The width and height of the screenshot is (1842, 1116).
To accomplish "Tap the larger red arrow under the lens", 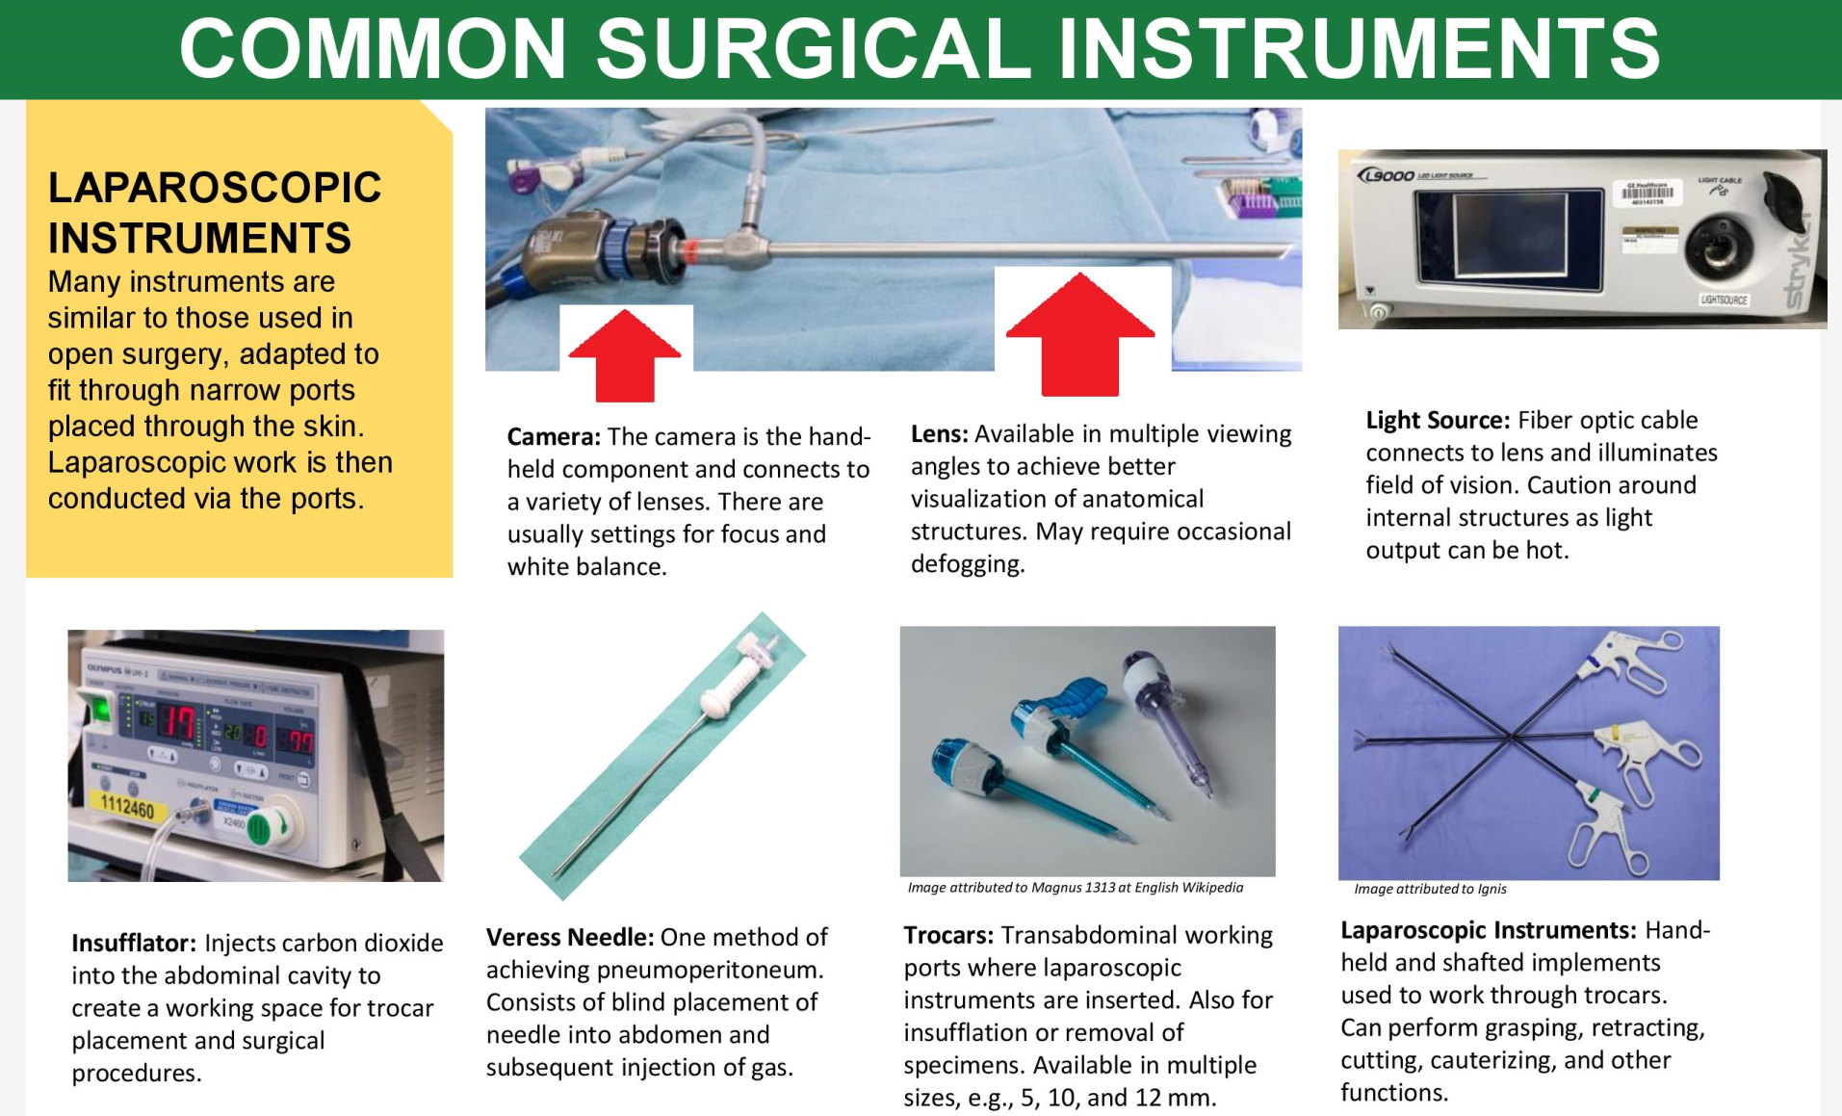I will click(1080, 334).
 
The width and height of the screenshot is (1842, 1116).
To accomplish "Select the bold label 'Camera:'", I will click(554, 437).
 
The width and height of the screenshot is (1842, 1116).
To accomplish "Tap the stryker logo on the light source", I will click(1799, 260).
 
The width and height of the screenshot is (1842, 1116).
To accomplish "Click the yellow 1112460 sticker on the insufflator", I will click(127, 807).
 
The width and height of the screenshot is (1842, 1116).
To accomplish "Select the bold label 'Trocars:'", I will click(947, 936).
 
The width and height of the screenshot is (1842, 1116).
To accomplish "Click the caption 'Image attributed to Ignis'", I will click(1429, 889).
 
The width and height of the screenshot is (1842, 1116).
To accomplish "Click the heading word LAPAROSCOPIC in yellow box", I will click(215, 188).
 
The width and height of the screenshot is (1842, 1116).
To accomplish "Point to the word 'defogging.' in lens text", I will click(967, 564).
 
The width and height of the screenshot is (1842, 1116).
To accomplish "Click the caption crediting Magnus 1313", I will click(1075, 888).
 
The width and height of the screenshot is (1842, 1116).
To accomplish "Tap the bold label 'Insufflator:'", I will click(133, 944).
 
